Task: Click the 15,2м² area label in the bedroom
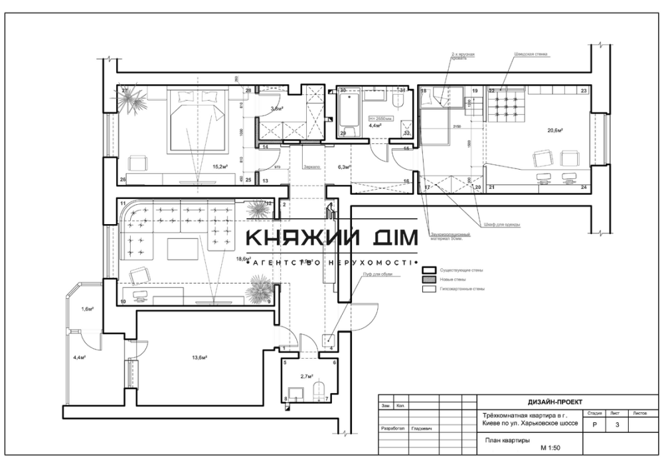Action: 220,168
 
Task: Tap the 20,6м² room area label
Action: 555,131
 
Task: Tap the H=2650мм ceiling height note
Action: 381,119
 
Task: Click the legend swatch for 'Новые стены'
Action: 428,280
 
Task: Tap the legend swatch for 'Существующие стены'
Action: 428,270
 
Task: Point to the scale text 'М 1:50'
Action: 552,448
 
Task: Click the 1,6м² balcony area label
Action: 87,310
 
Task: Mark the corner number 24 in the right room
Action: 584,188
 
